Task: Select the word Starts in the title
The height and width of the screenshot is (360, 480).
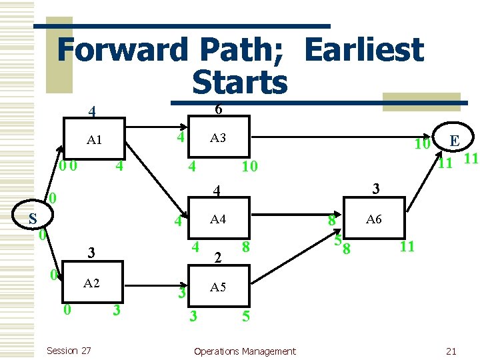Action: (x=239, y=83)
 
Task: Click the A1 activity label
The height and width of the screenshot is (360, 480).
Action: (x=94, y=141)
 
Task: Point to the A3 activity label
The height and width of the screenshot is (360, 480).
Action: (x=218, y=138)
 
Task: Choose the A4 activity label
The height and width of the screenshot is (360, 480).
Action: (x=218, y=219)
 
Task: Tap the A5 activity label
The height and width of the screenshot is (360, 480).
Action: (x=218, y=287)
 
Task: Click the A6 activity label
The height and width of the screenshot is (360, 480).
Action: (x=374, y=219)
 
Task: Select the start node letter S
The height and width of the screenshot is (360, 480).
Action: (x=32, y=219)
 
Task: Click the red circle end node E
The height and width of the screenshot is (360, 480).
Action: (x=454, y=141)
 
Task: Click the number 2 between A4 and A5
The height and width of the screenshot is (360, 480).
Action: (x=218, y=258)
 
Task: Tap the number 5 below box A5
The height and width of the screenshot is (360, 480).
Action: (x=246, y=317)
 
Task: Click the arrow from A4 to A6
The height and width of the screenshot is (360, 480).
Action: (x=293, y=219)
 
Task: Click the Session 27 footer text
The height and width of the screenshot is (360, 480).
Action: (x=69, y=351)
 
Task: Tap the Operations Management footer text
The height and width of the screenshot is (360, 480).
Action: (x=245, y=351)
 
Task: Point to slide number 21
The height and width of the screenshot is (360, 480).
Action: (x=451, y=351)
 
